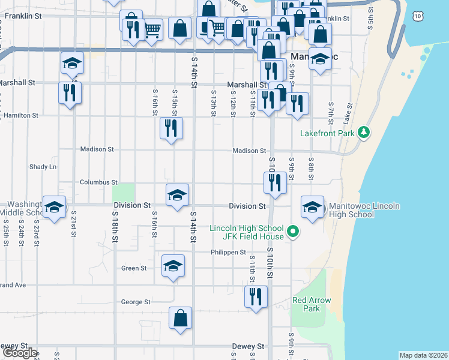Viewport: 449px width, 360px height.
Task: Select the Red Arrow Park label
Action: [312, 304]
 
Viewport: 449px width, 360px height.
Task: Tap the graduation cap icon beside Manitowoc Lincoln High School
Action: [312, 208]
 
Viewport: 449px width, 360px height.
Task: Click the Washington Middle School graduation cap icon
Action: [54, 208]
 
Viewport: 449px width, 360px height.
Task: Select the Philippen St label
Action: [228, 253]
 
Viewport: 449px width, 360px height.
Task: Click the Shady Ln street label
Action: [43, 166]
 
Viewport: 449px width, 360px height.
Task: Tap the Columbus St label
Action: [99, 182]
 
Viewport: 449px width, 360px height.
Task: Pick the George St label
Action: [136, 302]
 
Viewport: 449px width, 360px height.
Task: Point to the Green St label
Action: [134, 268]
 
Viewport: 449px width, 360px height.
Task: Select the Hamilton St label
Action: [21, 115]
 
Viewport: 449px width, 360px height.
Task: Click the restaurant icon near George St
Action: [256, 296]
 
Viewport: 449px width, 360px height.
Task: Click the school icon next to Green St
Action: [173, 266]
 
